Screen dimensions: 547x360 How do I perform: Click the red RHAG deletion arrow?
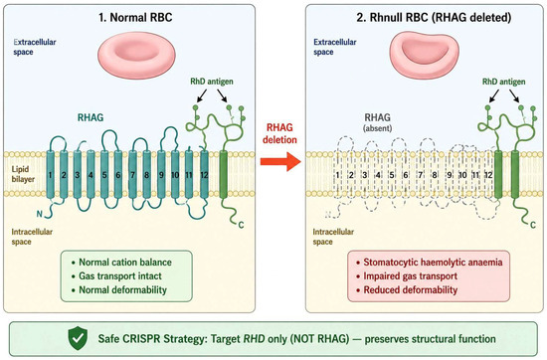280,161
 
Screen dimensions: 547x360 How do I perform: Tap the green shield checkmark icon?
78,338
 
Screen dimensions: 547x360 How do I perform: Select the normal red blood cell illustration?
136,53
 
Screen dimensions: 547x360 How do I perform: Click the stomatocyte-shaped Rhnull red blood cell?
424,53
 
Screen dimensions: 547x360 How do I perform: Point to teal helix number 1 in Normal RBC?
51,175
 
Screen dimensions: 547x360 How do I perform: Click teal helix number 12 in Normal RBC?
204,175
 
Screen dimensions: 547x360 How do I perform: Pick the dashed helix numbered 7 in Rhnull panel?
421,175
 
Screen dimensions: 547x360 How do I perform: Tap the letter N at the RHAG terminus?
40,214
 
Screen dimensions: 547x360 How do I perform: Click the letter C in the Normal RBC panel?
241,225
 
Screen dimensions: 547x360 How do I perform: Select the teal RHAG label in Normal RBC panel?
91,117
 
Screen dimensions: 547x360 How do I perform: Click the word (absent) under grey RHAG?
378,128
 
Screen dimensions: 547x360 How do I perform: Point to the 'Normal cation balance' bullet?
121,262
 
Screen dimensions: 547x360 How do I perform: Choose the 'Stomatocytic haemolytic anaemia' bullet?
430,262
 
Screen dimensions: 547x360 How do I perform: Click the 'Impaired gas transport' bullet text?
407,275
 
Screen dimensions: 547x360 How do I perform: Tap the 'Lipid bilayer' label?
23,174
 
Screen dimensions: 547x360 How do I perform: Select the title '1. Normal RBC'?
135,17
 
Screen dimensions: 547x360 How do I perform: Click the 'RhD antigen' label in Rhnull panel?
504,82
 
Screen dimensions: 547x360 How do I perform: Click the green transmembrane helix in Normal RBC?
223,175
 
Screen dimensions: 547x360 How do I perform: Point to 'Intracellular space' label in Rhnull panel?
333,237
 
